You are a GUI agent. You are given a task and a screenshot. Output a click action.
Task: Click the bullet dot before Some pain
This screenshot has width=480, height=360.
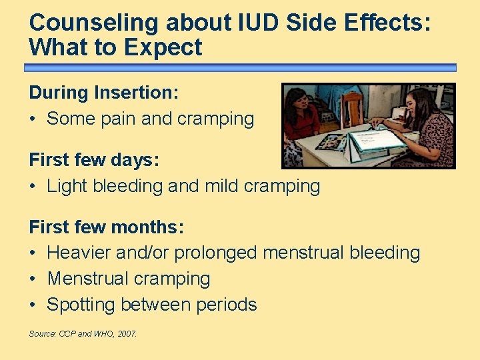coord(33,119)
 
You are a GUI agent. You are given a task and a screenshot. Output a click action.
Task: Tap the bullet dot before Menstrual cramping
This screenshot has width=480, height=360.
coord(33,279)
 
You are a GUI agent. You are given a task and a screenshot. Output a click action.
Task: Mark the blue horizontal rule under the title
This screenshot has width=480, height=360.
coord(240,68)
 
